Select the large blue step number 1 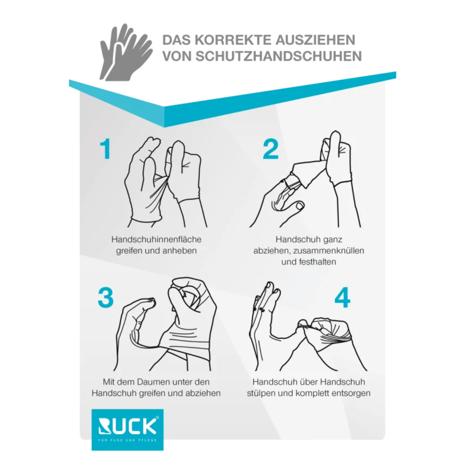[105, 149]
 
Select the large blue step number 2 [270, 149]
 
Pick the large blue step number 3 [105, 298]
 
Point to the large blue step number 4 [342, 298]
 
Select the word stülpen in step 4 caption [262, 393]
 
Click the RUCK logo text [127, 426]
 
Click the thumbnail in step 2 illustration [299, 206]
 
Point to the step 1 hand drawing [165, 182]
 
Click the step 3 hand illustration [170, 325]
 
